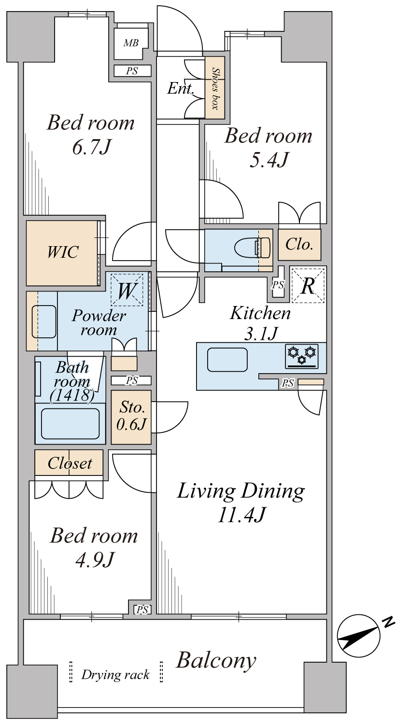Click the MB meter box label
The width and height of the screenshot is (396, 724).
click(130, 43)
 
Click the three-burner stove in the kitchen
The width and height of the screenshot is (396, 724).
click(302, 356)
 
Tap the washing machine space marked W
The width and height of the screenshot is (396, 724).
click(127, 290)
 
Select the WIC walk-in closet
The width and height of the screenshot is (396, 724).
click(63, 252)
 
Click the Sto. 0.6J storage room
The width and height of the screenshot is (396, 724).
click(131, 417)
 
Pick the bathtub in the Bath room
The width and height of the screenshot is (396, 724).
click(71, 423)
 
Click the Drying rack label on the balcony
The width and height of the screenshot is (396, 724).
click(115, 674)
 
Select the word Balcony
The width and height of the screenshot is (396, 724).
click(216, 660)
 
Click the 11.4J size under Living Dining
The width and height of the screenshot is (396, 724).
click(240, 515)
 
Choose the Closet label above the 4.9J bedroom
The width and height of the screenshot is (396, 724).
click(70, 463)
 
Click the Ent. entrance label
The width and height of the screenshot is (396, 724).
click(181, 88)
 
